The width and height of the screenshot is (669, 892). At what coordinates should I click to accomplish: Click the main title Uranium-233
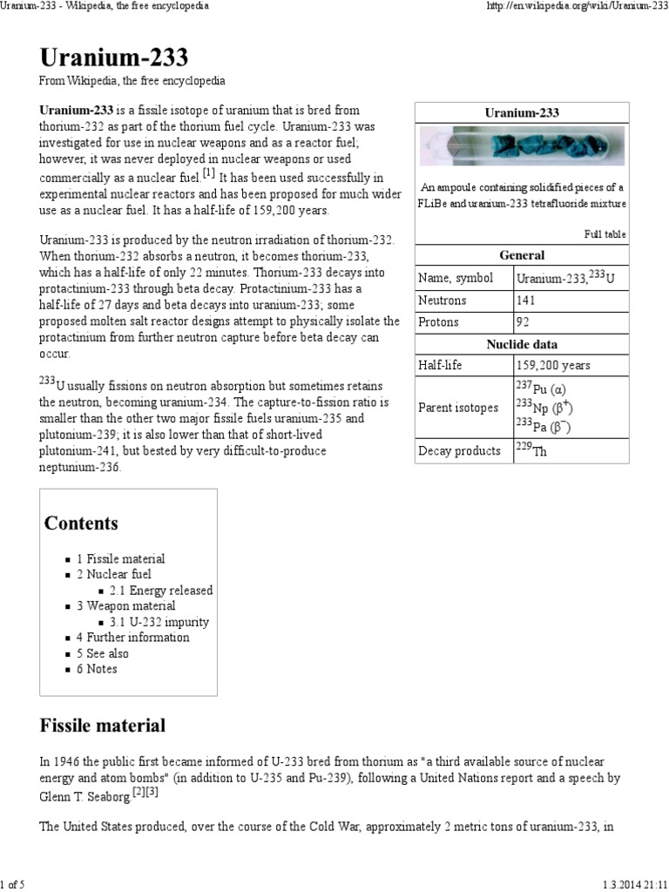[113, 57]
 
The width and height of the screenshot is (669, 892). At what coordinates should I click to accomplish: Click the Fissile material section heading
[102, 725]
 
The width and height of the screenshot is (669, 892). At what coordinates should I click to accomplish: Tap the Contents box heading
[81, 524]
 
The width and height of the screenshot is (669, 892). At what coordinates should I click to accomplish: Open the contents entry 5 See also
[102, 653]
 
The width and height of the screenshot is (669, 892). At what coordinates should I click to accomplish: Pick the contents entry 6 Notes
[96, 669]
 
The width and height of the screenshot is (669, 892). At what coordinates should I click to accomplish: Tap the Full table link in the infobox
[605, 234]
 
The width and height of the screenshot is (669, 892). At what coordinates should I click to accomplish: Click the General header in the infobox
[522, 255]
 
